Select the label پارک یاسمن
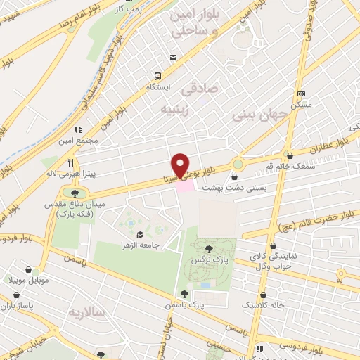click(206, 306)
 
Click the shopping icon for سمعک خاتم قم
click(289, 155)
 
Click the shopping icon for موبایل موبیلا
click(28, 269)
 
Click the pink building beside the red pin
click(184, 186)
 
